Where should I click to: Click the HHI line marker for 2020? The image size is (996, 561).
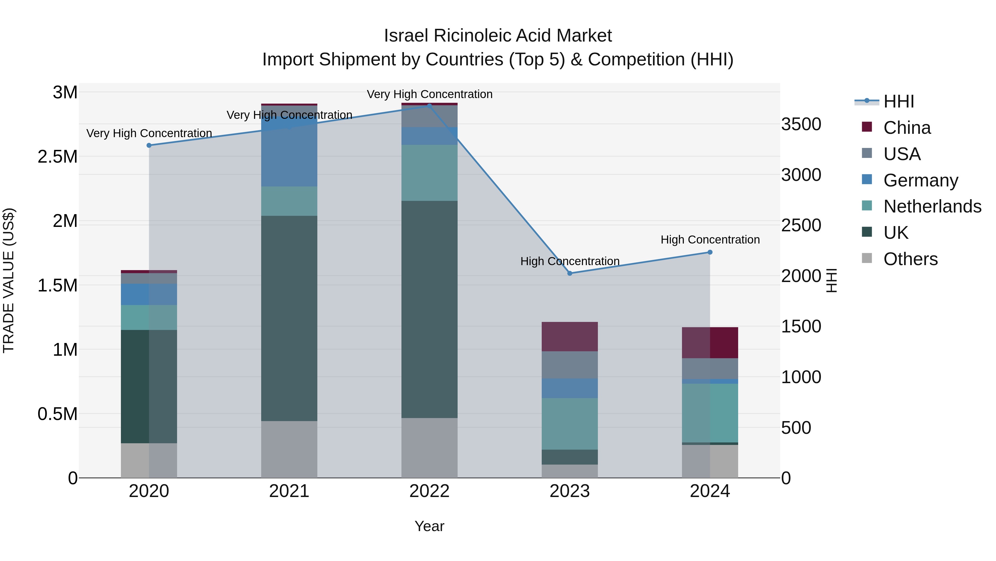(149, 145)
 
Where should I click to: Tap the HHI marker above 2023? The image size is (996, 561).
(570, 273)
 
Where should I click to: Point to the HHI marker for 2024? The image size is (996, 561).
(710, 252)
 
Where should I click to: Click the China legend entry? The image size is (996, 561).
(907, 128)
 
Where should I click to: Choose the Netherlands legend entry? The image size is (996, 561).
(932, 206)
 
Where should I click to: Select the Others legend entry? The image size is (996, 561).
(910, 259)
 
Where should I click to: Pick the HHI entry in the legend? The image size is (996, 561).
(898, 101)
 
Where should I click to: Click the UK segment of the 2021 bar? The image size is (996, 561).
(289, 317)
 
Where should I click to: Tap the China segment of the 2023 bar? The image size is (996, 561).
(570, 336)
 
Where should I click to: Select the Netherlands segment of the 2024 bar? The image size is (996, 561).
(710, 413)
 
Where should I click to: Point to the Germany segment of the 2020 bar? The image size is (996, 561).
(149, 294)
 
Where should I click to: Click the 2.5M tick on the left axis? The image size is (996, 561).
(58, 157)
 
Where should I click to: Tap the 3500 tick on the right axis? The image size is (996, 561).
(801, 124)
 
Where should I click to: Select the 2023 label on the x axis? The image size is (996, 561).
(570, 491)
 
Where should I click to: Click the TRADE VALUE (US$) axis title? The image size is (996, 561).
(9, 280)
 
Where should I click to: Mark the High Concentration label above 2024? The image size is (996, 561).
(710, 240)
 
